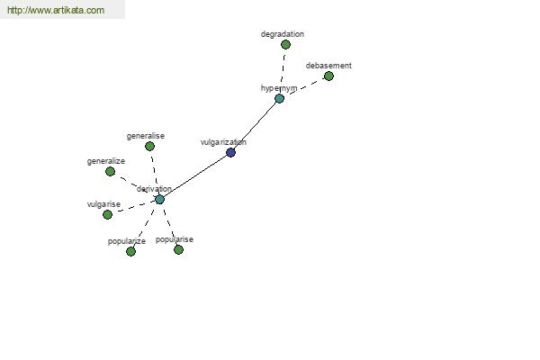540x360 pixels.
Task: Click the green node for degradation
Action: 285,44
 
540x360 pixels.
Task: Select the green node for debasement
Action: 328,76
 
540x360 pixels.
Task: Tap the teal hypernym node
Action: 279,98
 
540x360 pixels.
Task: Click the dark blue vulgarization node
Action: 230,152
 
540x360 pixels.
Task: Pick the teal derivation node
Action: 159,199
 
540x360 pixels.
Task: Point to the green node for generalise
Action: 149,147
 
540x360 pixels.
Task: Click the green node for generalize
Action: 110,171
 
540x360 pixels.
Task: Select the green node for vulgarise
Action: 107,214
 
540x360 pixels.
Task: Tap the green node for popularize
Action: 130,251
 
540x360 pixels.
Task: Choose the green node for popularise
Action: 178,250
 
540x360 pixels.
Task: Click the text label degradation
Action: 283,34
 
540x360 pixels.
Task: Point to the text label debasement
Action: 328,66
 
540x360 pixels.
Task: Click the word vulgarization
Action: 223,142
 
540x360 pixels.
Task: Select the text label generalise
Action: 146,136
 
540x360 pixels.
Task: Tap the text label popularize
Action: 127,241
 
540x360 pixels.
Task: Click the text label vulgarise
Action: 103,204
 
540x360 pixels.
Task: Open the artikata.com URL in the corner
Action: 56,10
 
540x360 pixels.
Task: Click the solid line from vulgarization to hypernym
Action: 254,125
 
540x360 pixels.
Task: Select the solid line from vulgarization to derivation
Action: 195,176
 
